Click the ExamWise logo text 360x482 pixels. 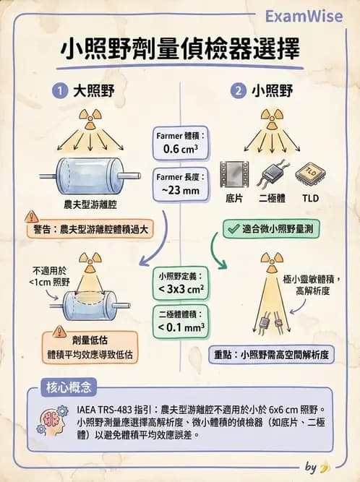(x=303, y=17)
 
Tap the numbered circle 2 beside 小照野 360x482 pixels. (x=238, y=91)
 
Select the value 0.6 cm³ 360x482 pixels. (x=181, y=150)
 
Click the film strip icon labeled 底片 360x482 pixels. (x=234, y=174)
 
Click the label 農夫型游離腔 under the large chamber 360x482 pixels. (x=90, y=204)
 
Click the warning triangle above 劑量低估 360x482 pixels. (x=59, y=332)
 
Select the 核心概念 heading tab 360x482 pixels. (x=69, y=387)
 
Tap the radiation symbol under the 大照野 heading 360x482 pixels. (x=91, y=116)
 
